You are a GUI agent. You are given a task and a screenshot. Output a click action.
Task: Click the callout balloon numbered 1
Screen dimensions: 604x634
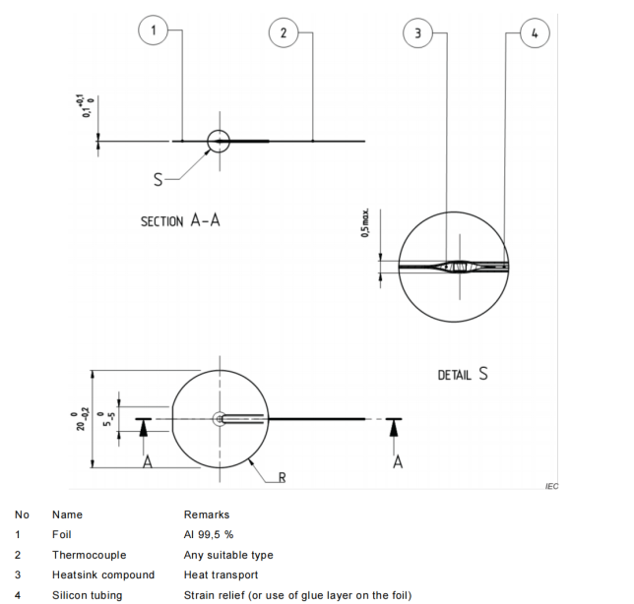tap(152, 31)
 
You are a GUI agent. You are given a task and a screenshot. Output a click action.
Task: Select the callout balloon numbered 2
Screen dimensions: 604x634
tap(284, 31)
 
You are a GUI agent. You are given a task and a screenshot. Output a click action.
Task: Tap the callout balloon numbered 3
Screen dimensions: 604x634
tap(419, 31)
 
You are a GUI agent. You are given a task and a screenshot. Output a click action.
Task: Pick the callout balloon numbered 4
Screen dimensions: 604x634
tap(534, 31)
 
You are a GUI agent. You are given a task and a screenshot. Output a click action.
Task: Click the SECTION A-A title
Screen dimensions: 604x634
tap(180, 221)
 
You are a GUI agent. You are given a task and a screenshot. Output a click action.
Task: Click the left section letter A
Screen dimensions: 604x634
tap(147, 464)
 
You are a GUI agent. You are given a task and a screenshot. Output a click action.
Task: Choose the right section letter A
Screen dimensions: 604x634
tap(397, 464)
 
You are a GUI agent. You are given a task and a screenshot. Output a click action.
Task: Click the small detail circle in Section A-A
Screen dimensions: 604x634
tap(218, 141)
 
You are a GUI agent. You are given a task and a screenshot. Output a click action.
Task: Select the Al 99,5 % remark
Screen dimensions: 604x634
tap(211, 533)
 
